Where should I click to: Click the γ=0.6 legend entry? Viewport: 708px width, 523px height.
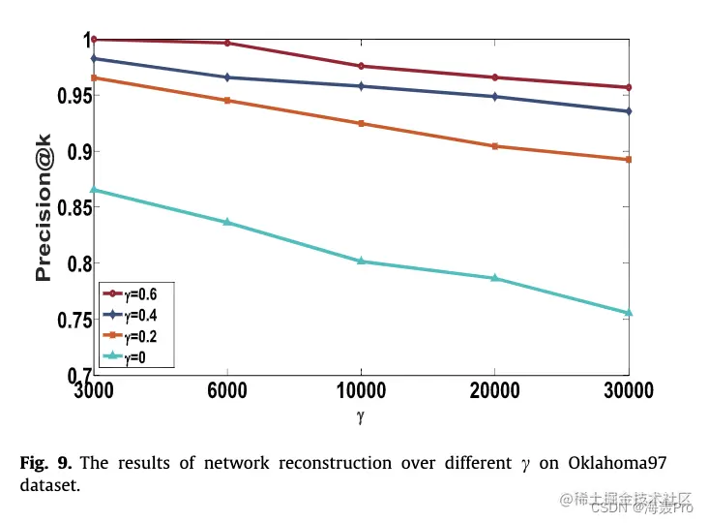134,293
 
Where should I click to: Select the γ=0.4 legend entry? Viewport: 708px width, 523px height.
134,315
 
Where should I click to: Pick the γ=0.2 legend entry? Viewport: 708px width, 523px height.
134,336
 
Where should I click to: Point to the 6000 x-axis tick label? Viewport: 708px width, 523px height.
227,391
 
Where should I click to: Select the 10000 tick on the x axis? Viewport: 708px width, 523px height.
361,391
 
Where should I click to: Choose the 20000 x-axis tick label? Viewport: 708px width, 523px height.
495,391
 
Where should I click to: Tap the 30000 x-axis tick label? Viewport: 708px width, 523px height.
629,391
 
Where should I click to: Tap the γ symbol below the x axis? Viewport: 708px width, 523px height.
361,417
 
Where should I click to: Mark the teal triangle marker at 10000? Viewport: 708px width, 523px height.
361,261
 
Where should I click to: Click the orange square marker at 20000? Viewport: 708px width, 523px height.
495,146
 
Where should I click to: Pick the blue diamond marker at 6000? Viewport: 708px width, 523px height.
227,77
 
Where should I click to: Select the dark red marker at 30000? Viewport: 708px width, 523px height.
629,87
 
